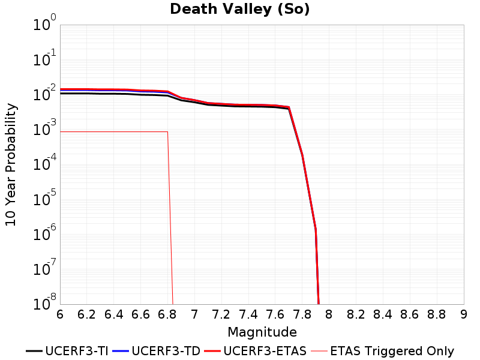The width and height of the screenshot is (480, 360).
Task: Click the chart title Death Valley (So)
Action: click(239, 9)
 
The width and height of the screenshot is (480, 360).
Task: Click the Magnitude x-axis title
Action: click(262, 332)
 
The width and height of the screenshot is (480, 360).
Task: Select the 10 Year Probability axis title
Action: click(11, 164)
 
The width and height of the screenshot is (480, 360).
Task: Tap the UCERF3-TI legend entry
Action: click(67, 351)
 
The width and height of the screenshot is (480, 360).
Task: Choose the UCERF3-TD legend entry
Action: click(157, 351)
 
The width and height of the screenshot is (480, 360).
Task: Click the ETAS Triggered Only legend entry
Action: click(382, 351)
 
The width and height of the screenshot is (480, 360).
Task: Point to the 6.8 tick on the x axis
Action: click(167, 314)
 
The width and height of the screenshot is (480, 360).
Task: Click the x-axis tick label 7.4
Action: click(248, 314)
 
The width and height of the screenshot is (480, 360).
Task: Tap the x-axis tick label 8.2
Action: click(356, 314)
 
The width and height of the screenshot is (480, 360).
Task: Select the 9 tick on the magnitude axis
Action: click(464, 314)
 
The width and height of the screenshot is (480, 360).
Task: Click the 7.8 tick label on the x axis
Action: click(302, 314)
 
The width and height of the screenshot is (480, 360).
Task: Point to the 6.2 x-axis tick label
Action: click(86, 314)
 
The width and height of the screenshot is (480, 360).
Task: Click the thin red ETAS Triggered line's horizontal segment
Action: click(114, 131)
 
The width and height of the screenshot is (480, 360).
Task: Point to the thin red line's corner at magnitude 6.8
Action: click(167, 131)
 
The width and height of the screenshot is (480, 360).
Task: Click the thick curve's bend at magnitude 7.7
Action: click(289, 107)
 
